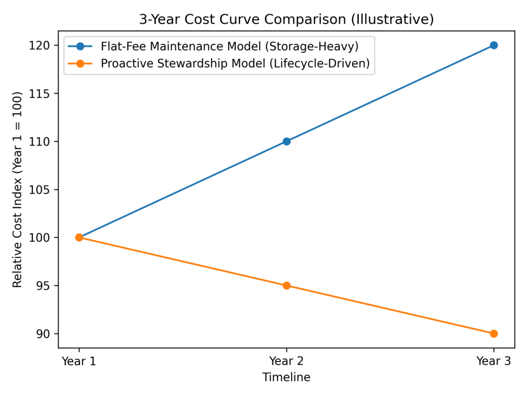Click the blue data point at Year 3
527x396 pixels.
click(x=494, y=45)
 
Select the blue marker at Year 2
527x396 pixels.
click(x=287, y=141)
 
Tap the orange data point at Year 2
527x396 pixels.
click(x=287, y=286)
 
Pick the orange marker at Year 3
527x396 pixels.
click(x=494, y=334)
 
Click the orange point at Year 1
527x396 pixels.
click(x=79, y=238)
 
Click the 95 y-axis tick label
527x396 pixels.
click(x=43, y=286)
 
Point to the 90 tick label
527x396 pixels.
click(x=43, y=334)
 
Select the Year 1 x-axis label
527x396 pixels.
click(x=79, y=361)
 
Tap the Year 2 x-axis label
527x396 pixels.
click(x=287, y=361)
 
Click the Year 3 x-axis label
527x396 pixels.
click(x=494, y=361)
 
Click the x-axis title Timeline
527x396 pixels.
click(x=286, y=377)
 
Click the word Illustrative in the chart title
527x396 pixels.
click(x=400, y=20)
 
